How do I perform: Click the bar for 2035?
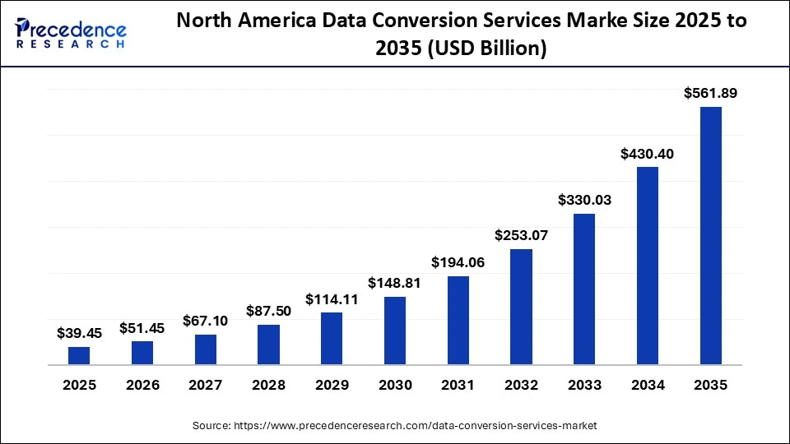pyautogui.click(x=710, y=235)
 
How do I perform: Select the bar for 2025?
pyautogui.click(x=79, y=355)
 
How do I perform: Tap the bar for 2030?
pyautogui.click(x=395, y=331)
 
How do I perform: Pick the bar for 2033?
pyautogui.click(x=584, y=289)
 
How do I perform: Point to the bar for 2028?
pyautogui.click(x=268, y=345)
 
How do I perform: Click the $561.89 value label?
pyautogui.click(x=710, y=94)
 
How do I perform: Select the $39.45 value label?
pyautogui.click(x=79, y=333)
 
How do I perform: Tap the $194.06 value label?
pyautogui.click(x=458, y=262)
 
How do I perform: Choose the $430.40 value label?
pyautogui.click(x=648, y=153)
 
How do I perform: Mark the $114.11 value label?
pyautogui.click(x=332, y=299)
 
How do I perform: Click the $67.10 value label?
pyautogui.click(x=206, y=321)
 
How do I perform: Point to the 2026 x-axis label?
pyautogui.click(x=142, y=385)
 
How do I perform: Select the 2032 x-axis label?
pyautogui.click(x=521, y=385)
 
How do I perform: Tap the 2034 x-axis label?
pyautogui.click(x=648, y=385)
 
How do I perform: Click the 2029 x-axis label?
pyautogui.click(x=332, y=385)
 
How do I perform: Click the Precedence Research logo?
pyautogui.click(x=71, y=34)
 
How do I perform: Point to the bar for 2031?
pyautogui.click(x=458, y=320)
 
